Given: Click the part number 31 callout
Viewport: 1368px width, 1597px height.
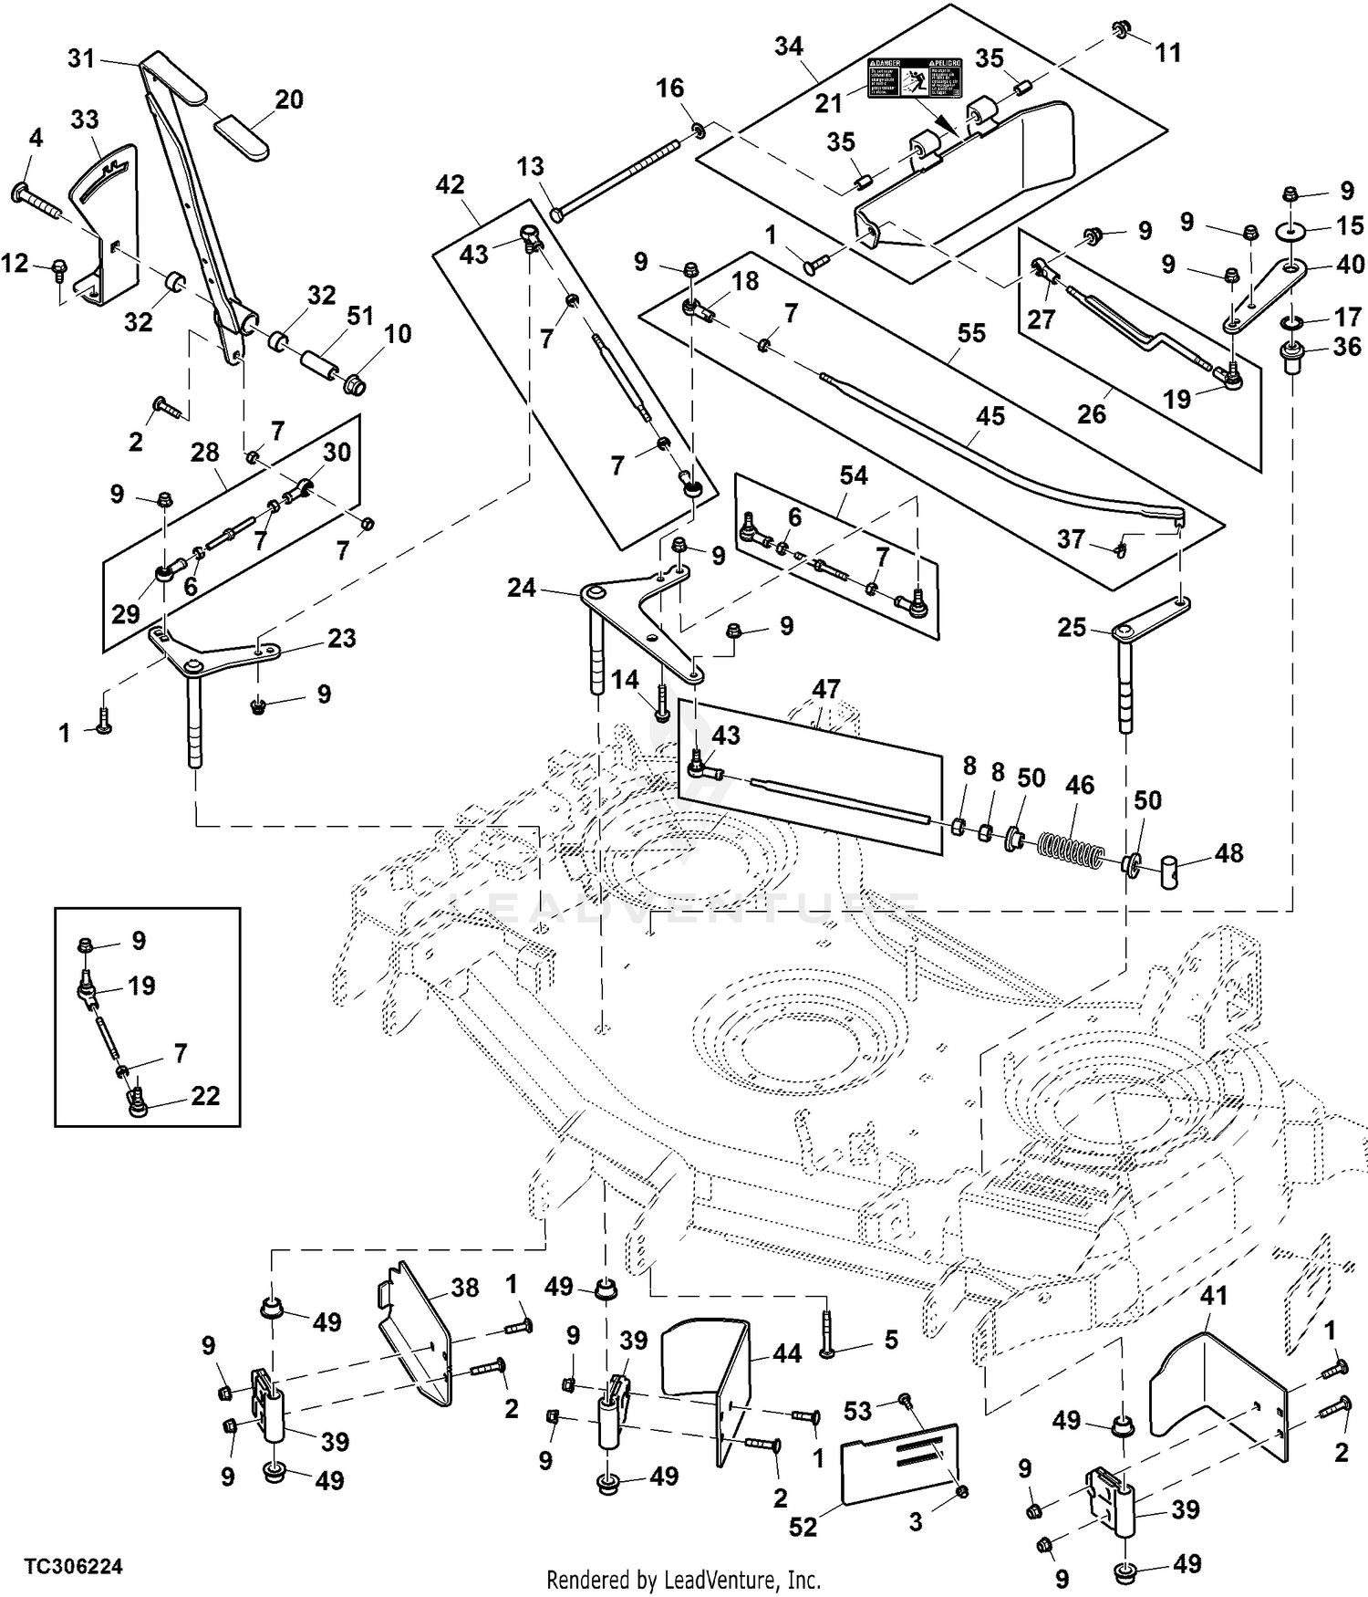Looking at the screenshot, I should tap(81, 58).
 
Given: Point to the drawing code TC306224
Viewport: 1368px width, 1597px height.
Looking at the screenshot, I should tap(73, 1567).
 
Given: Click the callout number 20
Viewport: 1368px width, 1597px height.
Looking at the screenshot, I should tap(289, 99).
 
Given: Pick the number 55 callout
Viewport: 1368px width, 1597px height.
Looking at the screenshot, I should tap(971, 333).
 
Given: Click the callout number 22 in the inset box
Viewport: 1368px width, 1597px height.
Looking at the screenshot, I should tap(205, 1095).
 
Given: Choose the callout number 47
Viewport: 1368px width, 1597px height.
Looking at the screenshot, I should tap(825, 690).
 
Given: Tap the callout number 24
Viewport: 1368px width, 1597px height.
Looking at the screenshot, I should tap(521, 588).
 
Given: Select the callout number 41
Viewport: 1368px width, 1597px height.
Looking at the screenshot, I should tap(1213, 1295).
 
